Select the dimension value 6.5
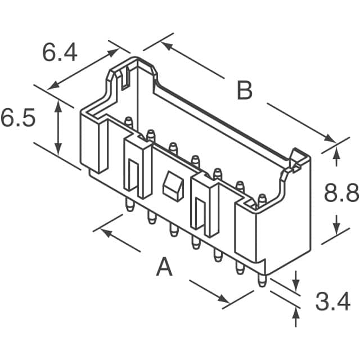coord(18,120)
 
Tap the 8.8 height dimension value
coord(341,194)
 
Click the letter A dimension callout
coord(164,267)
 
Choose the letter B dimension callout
coord(244,91)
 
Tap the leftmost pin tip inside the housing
coord(128,121)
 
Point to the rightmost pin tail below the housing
coord(261,280)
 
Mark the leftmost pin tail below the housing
coord(129,204)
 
